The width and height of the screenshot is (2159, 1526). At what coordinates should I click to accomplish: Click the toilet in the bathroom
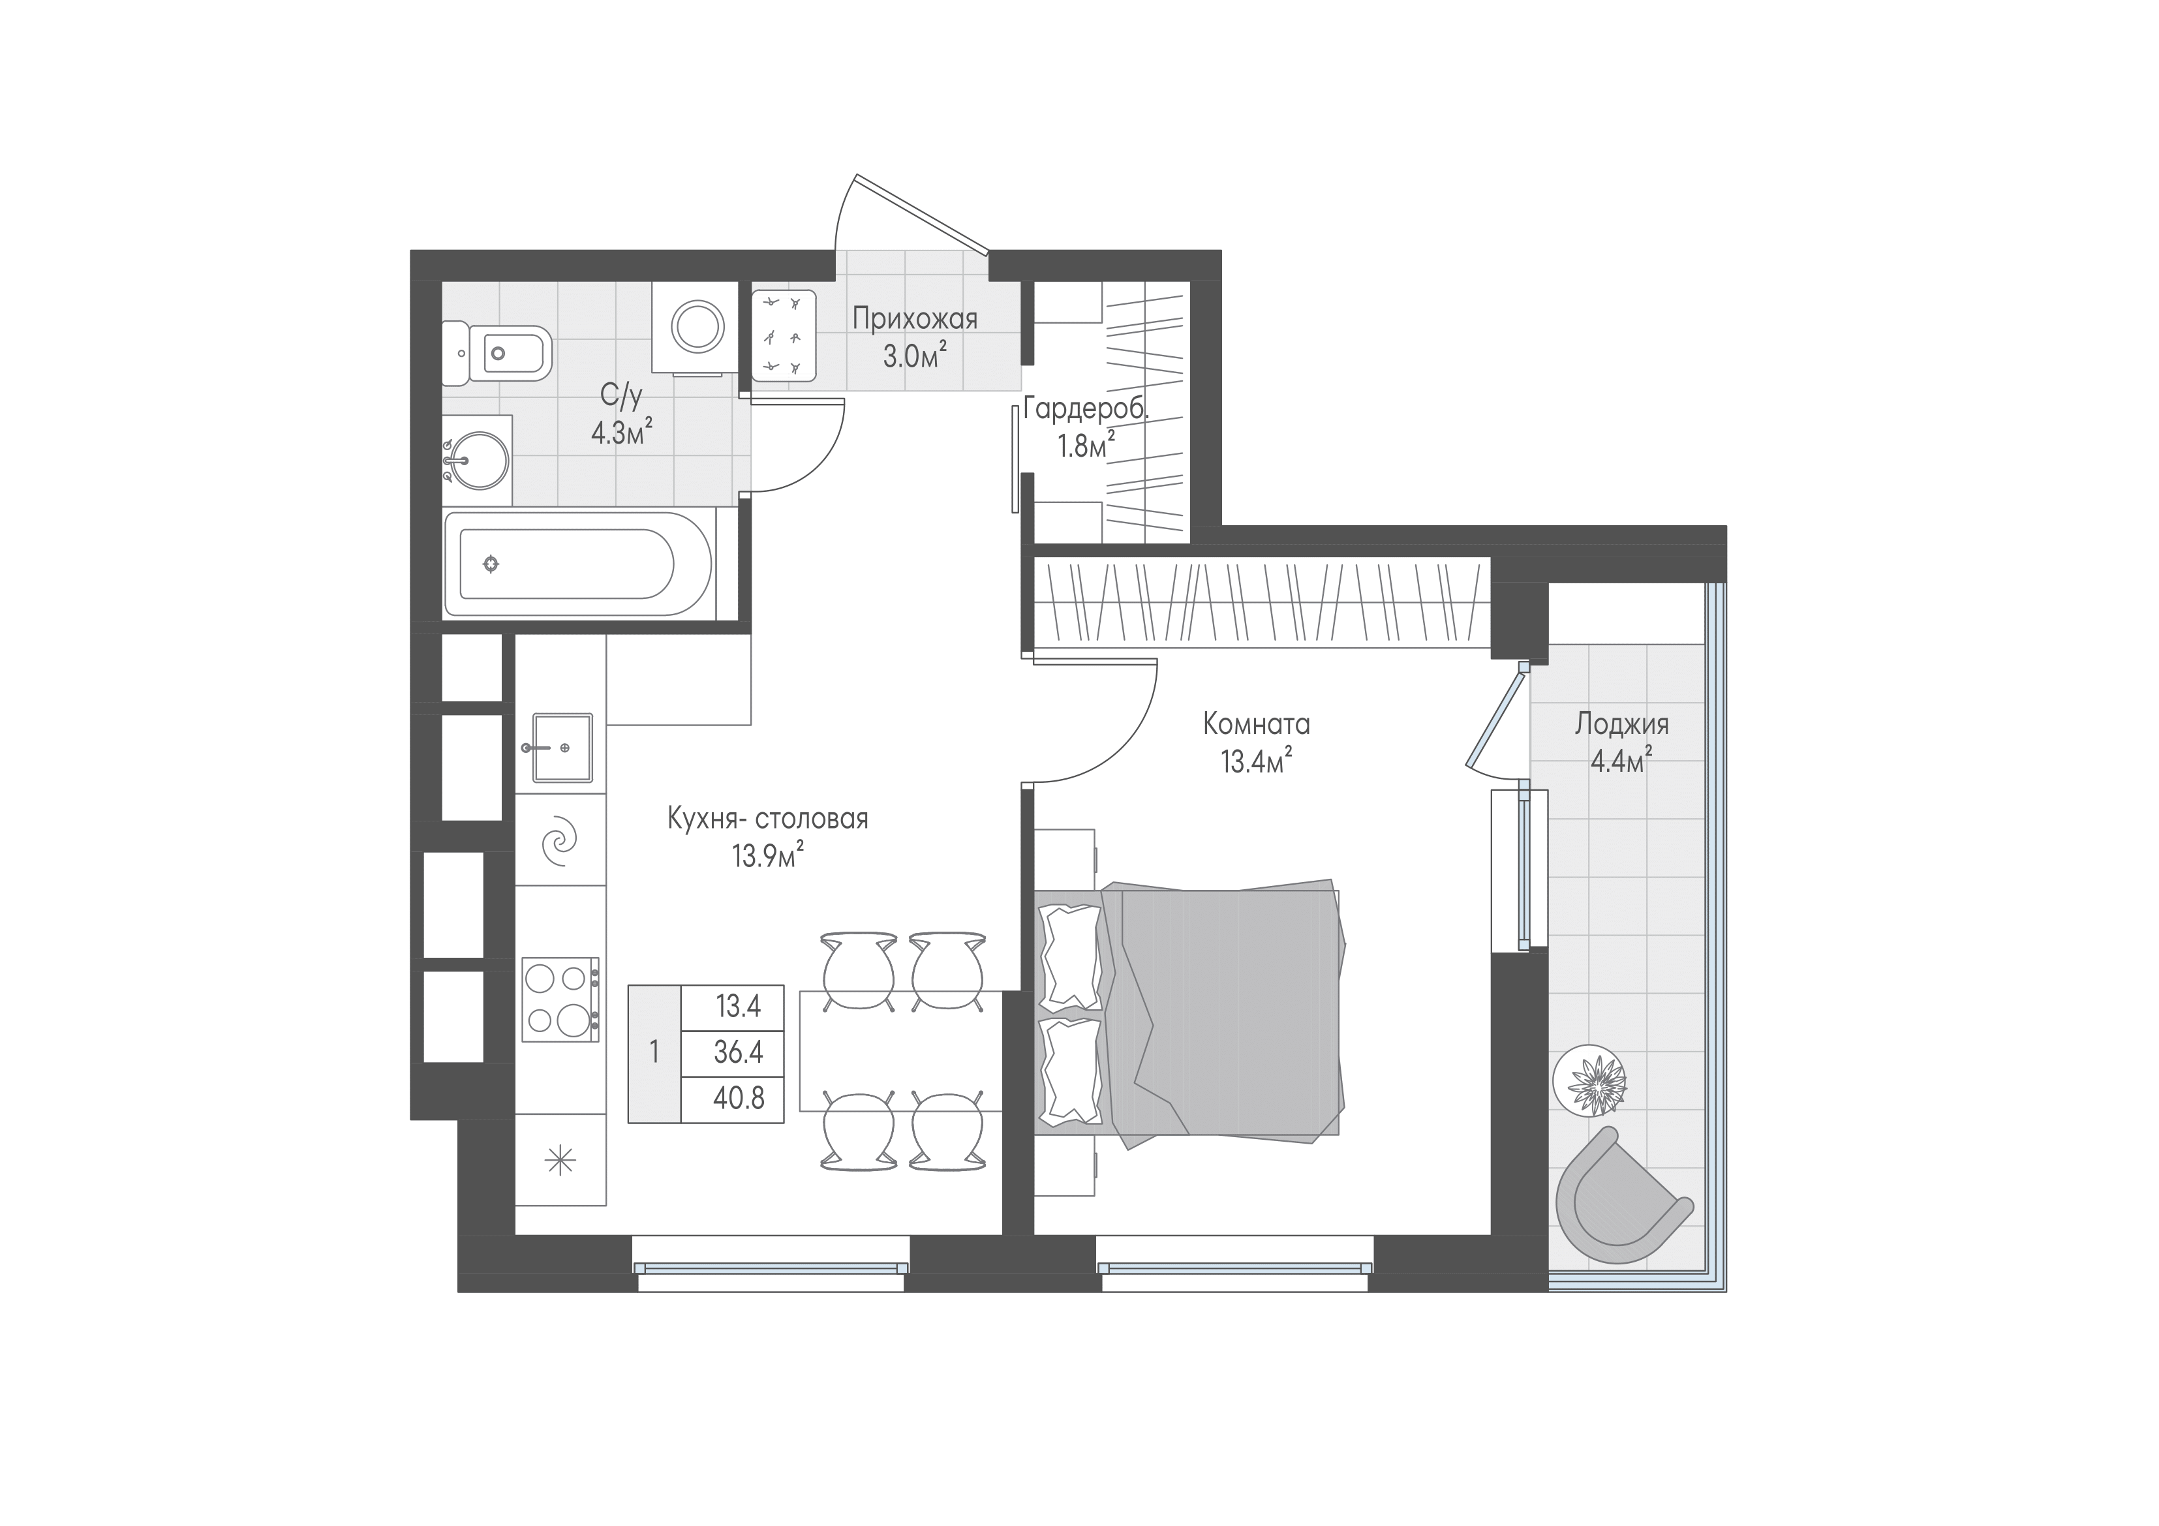click(497, 354)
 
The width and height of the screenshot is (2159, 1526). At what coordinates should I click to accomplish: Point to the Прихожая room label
click(915, 319)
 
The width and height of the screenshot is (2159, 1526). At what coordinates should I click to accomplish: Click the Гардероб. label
click(1086, 409)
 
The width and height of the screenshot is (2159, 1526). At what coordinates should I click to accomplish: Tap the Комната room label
click(1256, 724)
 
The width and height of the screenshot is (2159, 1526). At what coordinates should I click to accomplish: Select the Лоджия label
click(1622, 724)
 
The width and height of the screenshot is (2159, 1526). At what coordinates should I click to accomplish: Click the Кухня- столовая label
click(767, 819)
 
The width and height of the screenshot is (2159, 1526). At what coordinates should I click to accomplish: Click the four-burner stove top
click(560, 1000)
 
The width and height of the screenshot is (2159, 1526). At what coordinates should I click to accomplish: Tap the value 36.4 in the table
click(737, 1052)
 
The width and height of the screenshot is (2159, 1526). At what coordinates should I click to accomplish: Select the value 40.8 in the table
click(738, 1097)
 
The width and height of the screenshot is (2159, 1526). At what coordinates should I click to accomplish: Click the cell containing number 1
click(654, 1053)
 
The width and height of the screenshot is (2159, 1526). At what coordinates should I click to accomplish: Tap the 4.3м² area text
click(622, 433)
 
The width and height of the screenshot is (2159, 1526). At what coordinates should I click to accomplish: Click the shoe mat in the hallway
click(784, 335)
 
